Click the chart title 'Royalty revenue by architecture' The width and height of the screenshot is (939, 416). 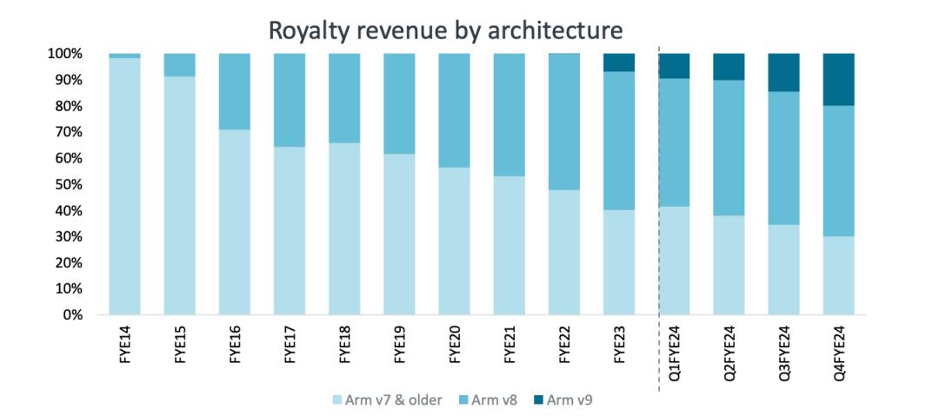[445, 30]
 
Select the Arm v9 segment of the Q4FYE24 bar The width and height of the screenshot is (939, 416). [838, 79]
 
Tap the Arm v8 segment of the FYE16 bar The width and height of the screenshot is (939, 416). [235, 91]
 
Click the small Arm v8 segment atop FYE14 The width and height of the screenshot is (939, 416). [124, 56]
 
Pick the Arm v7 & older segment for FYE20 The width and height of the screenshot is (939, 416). [454, 241]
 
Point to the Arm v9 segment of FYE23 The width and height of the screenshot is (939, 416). [618, 63]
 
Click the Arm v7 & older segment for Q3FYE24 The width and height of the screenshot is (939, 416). [783, 269]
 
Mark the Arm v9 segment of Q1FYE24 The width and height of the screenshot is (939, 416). [674, 66]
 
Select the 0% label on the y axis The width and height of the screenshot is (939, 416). [72, 314]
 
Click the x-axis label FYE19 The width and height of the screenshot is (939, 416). [399, 347]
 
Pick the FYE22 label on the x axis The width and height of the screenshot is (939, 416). [564, 347]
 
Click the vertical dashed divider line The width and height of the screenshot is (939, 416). [659, 217]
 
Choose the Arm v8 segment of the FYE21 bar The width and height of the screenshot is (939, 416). [509, 115]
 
